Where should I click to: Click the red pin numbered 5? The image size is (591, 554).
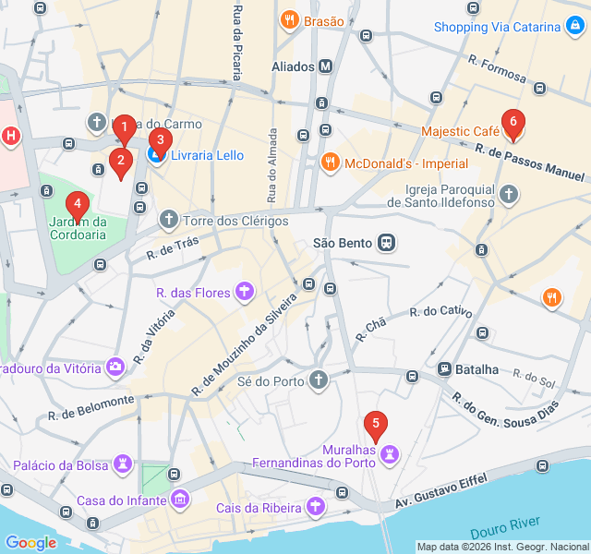click(x=374, y=428)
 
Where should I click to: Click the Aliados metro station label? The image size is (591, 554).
click(x=294, y=66)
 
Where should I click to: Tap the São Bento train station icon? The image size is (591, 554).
click(x=386, y=243)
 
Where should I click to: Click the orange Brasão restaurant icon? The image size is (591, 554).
click(x=290, y=20)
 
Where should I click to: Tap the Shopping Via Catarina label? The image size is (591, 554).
click(x=497, y=27)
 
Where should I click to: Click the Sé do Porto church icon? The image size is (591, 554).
click(x=318, y=379)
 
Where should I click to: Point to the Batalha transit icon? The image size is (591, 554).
click(x=444, y=368)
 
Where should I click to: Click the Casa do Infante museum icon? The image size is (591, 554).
click(x=180, y=500)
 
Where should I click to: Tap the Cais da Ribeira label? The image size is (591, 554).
click(x=259, y=507)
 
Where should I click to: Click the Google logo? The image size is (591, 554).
click(x=30, y=542)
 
